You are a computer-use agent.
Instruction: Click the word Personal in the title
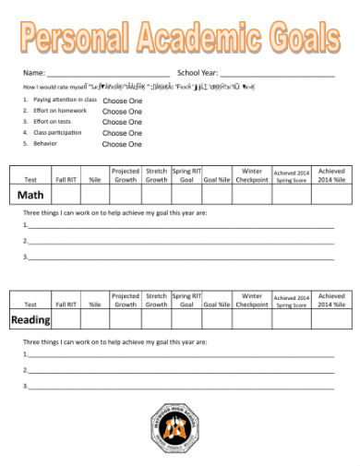click(x=73, y=38)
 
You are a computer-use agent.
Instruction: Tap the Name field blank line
click(x=108, y=72)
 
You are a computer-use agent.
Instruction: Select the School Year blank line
click(x=277, y=72)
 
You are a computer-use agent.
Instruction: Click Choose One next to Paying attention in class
click(x=122, y=99)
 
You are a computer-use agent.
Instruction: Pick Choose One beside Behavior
click(x=122, y=145)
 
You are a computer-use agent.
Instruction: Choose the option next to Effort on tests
click(x=122, y=122)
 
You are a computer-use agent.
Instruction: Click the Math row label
click(x=30, y=196)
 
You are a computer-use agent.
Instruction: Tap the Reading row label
click(x=30, y=320)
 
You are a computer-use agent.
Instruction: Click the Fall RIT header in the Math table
click(x=66, y=180)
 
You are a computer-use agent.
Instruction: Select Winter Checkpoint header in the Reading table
click(x=252, y=300)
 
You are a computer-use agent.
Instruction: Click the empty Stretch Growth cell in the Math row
click(x=156, y=196)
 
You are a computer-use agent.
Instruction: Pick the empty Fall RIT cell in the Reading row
click(x=66, y=320)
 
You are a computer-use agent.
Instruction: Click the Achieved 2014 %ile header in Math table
click(x=330, y=175)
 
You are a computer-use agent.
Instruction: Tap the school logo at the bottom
click(x=180, y=428)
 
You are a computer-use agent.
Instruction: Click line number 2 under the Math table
click(x=180, y=243)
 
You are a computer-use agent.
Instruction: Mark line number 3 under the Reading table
click(x=180, y=387)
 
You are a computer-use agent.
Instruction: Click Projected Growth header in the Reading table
click(x=125, y=300)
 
